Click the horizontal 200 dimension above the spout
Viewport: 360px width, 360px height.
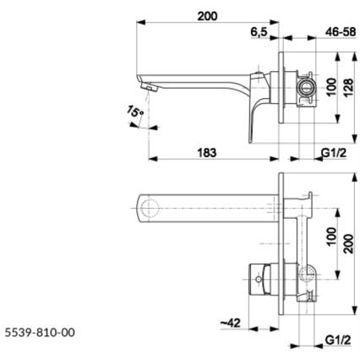(x=206, y=17)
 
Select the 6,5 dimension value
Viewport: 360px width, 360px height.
(x=259, y=32)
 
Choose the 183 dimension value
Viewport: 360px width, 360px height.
(x=206, y=152)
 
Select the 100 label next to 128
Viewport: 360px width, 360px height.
(x=330, y=86)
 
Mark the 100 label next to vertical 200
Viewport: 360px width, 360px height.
(x=330, y=234)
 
